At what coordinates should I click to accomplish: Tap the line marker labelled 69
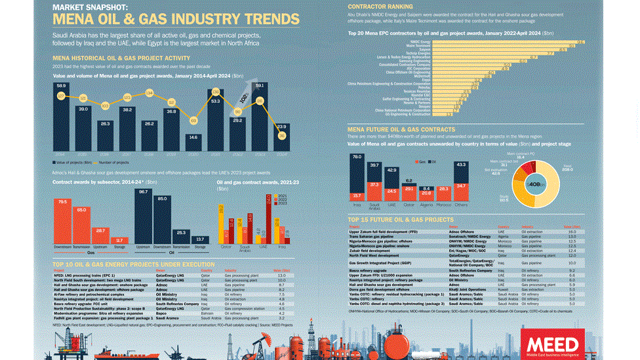(193, 121)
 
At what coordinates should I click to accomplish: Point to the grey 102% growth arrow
(243, 98)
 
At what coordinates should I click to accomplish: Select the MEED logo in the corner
(552, 345)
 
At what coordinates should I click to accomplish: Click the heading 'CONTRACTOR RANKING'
(380, 6)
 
